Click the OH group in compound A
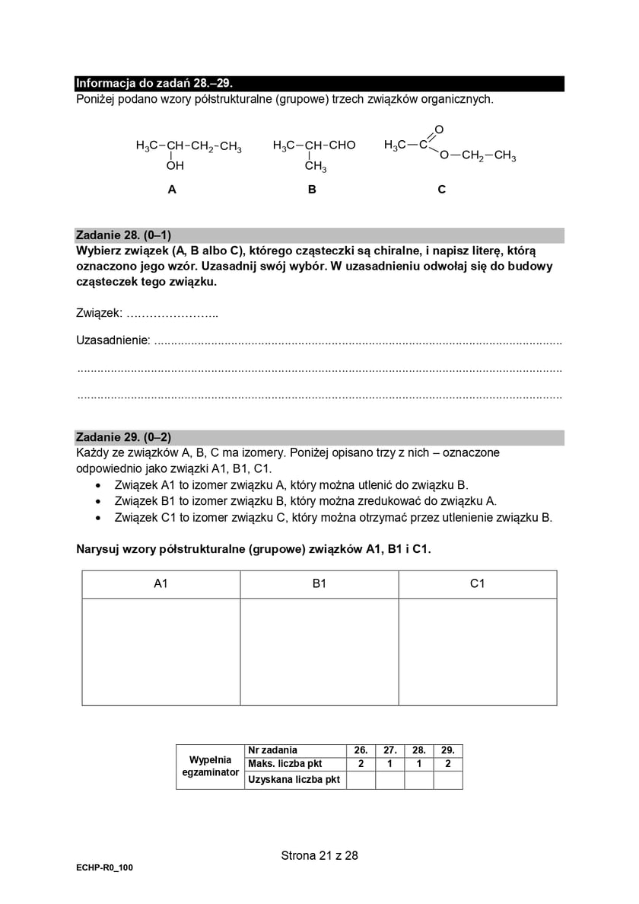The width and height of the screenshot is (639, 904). [x=175, y=165]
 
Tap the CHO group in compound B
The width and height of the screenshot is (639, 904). [x=342, y=145]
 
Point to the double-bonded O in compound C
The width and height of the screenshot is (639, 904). [x=439, y=129]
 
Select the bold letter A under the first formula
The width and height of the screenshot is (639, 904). [x=172, y=190]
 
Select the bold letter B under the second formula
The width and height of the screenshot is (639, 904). [x=312, y=190]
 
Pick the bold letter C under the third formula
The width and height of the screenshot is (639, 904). [x=441, y=190]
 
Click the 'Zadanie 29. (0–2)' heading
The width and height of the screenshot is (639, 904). [x=123, y=437]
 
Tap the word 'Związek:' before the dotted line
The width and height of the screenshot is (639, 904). [x=99, y=313]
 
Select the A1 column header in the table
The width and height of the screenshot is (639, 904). [x=161, y=584]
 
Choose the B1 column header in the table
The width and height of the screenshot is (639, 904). [x=319, y=584]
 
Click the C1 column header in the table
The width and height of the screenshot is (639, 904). [x=477, y=584]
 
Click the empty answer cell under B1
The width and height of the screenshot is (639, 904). [x=319, y=651]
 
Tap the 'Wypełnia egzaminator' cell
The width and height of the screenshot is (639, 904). [x=210, y=766]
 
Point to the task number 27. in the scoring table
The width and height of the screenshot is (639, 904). [x=389, y=750]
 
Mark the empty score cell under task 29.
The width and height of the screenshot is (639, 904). [x=448, y=780]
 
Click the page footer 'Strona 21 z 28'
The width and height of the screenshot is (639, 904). [x=319, y=855]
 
